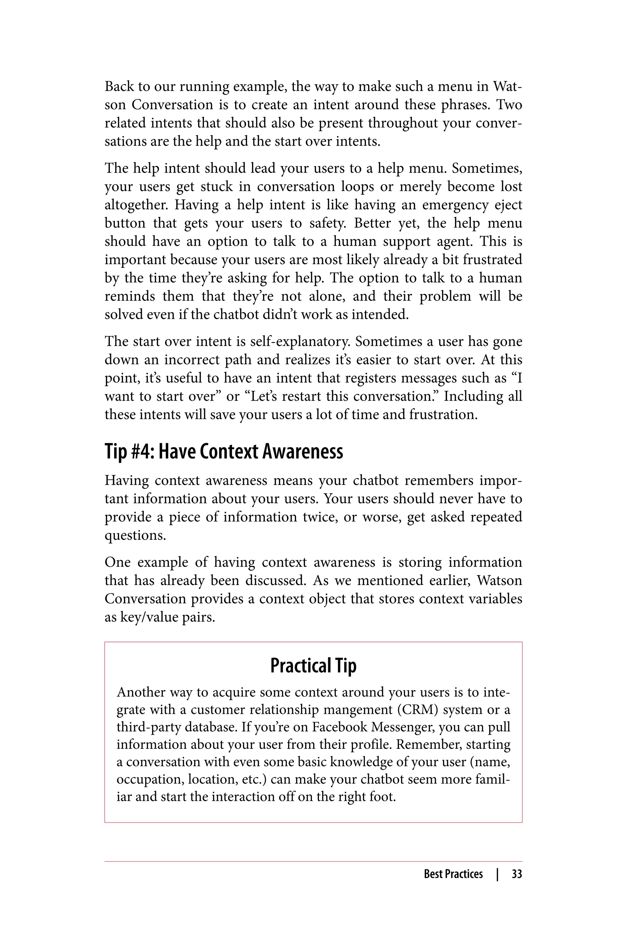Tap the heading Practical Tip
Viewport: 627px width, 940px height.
tap(313, 666)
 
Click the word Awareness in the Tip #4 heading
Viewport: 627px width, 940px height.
tap(303, 452)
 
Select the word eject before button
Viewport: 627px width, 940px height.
tap(508, 205)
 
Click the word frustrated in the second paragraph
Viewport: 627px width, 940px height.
tap(492, 260)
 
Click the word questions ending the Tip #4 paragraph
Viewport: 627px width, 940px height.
tap(135, 535)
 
